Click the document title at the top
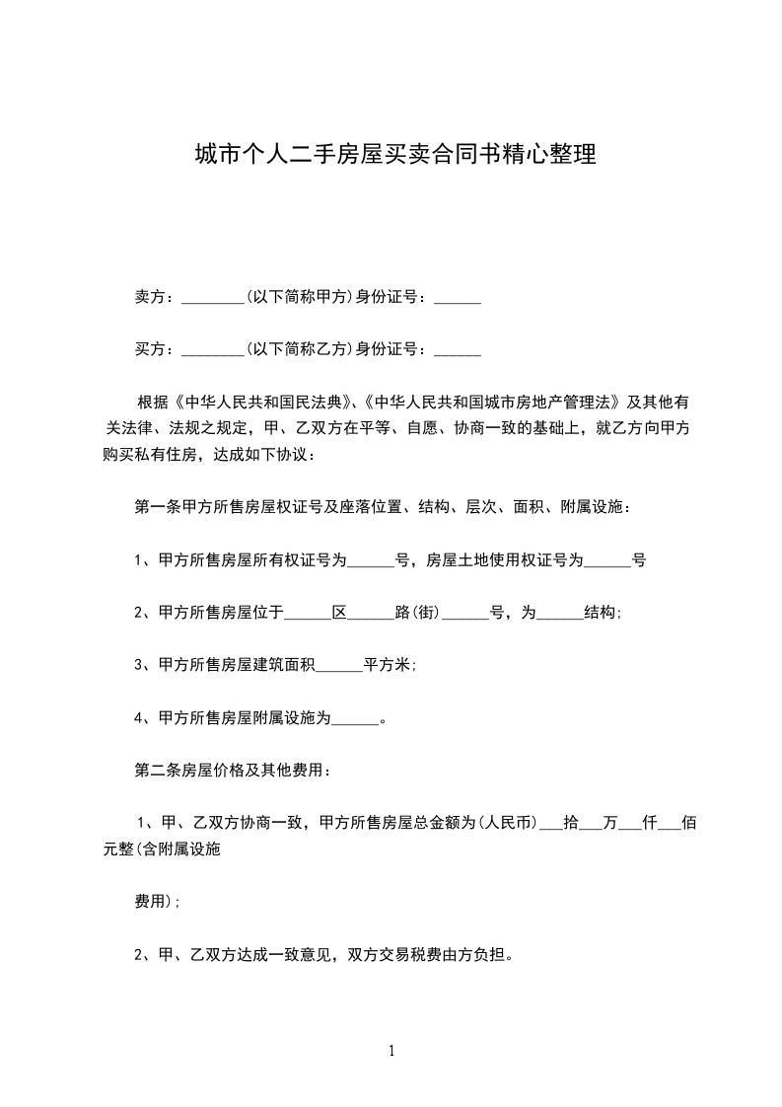point(394,155)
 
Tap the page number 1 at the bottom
point(391,1051)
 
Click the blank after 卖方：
point(213,297)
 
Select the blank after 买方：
point(213,349)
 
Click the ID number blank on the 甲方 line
point(458,297)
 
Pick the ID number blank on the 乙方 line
point(458,349)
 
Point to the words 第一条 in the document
point(153,508)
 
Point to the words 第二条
point(153,771)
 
